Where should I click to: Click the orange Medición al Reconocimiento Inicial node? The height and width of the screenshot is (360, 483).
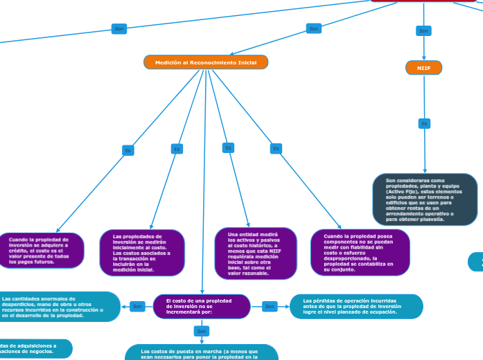click(206, 62)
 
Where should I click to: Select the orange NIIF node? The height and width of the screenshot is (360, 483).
click(423, 68)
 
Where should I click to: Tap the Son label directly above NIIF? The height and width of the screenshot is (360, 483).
click(423, 30)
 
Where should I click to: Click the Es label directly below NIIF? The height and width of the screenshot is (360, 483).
click(424, 124)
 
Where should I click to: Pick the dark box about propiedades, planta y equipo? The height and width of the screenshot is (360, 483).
click(425, 199)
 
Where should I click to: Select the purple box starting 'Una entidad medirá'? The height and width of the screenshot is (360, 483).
click(256, 253)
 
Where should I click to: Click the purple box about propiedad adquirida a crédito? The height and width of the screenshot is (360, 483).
click(42, 251)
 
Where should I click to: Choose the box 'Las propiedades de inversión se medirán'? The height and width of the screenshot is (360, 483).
click(141, 253)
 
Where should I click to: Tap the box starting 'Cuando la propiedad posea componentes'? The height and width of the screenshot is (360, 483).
click(360, 253)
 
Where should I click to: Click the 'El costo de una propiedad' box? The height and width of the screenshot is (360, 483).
click(202, 307)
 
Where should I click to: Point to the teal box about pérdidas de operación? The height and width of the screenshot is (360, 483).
click(355, 306)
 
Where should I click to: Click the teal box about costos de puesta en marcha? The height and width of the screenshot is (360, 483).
click(202, 352)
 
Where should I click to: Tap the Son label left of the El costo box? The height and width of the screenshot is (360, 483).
click(137, 306)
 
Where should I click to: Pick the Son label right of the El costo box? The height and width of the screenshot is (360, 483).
click(270, 306)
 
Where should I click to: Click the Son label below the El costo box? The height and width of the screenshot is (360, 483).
click(202, 332)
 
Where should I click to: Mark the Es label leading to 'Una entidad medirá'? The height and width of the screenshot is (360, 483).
click(228, 147)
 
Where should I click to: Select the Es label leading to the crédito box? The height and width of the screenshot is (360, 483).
click(128, 150)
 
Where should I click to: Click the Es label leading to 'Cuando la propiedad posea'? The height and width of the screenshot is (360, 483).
click(276, 149)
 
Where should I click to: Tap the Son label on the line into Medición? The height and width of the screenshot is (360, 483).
click(314, 28)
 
